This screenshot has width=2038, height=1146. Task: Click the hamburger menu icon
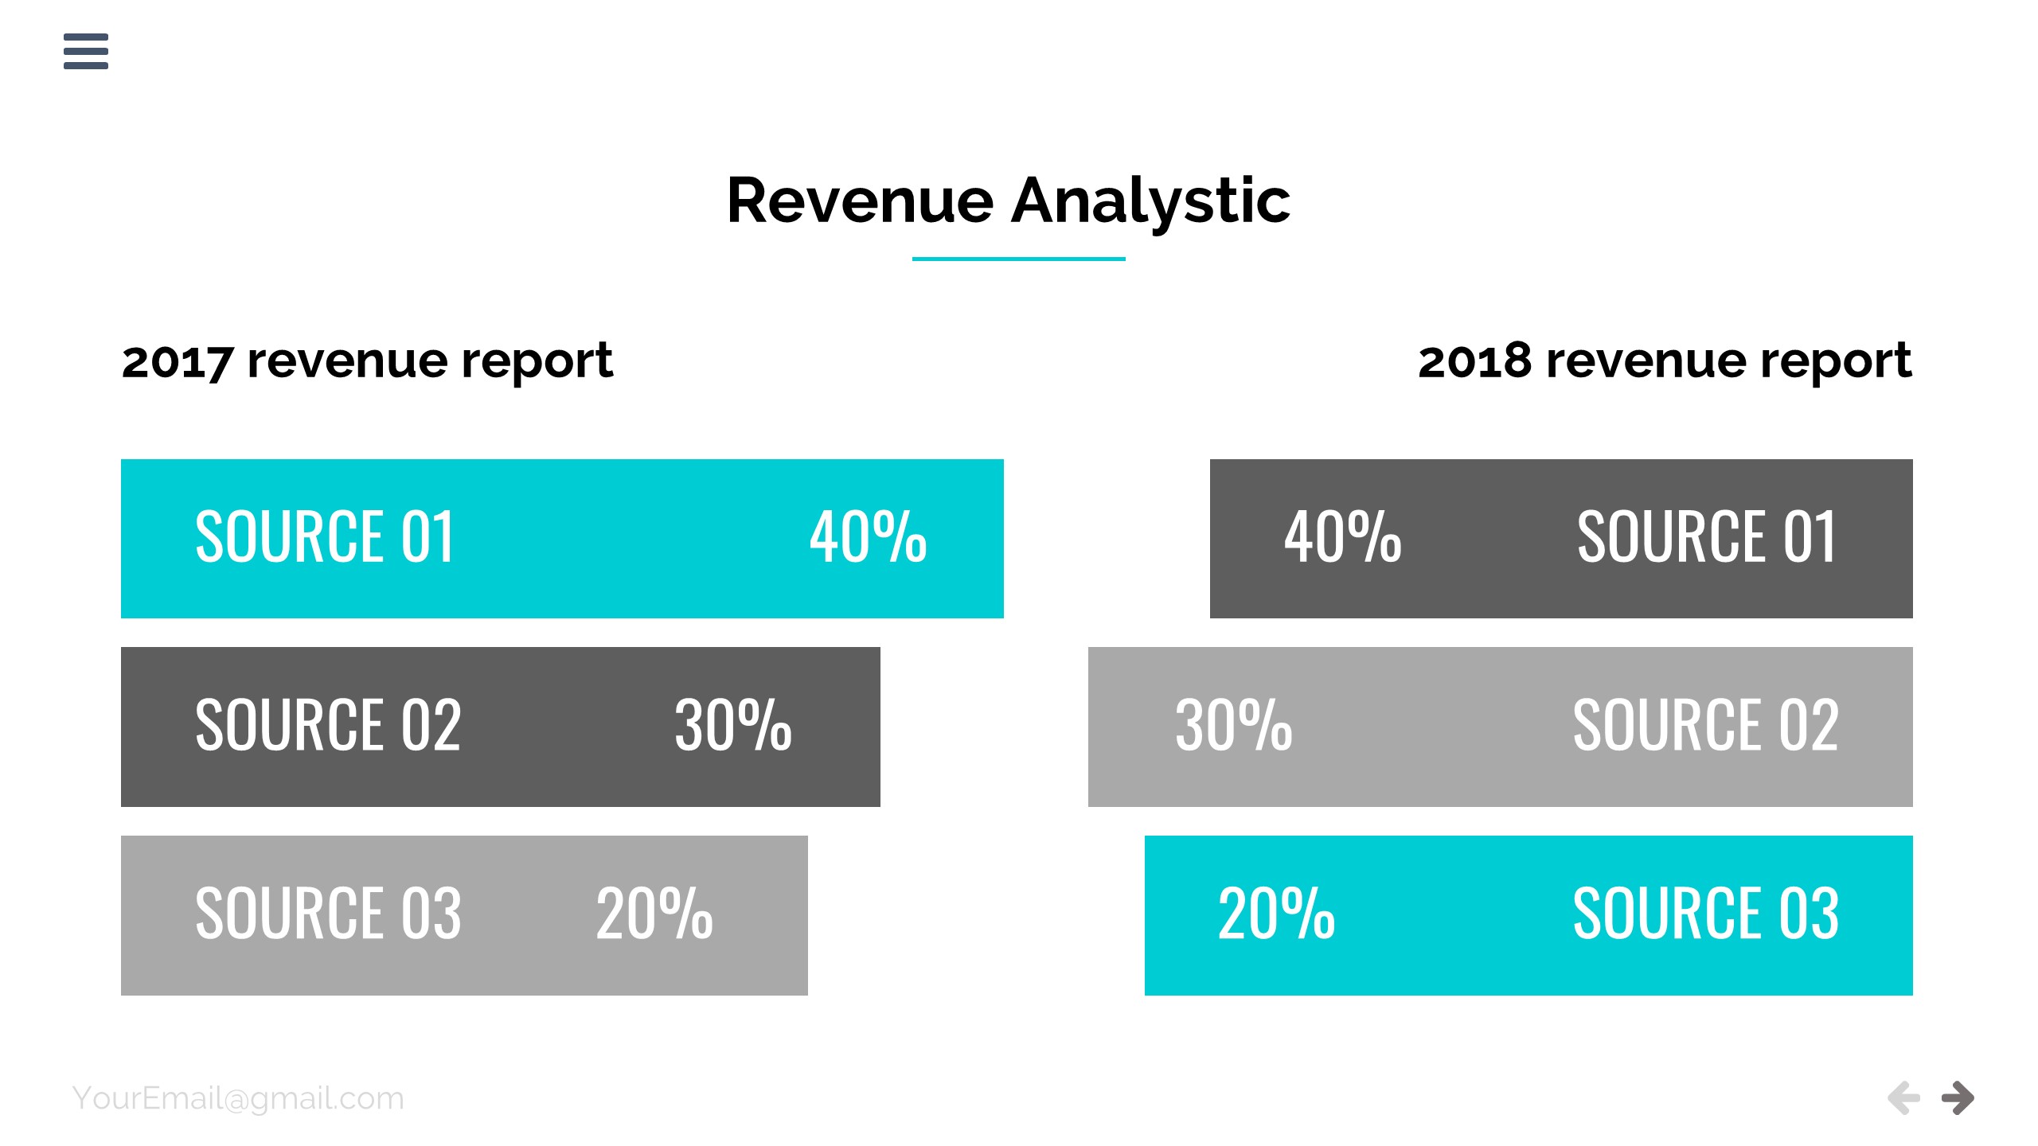pos(86,51)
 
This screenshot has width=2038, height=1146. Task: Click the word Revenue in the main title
pos(860,201)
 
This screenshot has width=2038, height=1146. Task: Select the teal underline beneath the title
pos(1018,259)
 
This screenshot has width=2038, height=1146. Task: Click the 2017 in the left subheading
pos(178,361)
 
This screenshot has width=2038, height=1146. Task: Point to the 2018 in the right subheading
pos(1474,361)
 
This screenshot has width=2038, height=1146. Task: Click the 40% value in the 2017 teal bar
pos(868,538)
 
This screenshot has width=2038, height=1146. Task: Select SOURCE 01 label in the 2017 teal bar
pos(325,538)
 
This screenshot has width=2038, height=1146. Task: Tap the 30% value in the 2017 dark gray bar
pos(732,726)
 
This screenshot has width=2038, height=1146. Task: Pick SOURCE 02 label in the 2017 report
pos(328,726)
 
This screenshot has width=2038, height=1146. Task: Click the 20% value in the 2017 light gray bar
pos(654,914)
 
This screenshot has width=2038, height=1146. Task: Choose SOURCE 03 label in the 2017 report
pos(328,914)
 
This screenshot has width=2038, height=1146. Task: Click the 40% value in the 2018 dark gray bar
pos(1342,538)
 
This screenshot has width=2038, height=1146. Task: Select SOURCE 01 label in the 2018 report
pos(1706,538)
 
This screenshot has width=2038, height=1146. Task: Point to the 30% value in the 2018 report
pos(1233,726)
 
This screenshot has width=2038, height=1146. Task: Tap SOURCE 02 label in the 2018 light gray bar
pos(1705,726)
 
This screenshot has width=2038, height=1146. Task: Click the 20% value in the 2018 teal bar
pos(1276,914)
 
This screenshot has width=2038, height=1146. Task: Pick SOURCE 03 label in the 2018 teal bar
pos(1705,914)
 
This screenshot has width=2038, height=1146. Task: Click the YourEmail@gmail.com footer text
pos(238,1098)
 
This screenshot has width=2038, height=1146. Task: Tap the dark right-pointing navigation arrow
pos(1958,1098)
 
